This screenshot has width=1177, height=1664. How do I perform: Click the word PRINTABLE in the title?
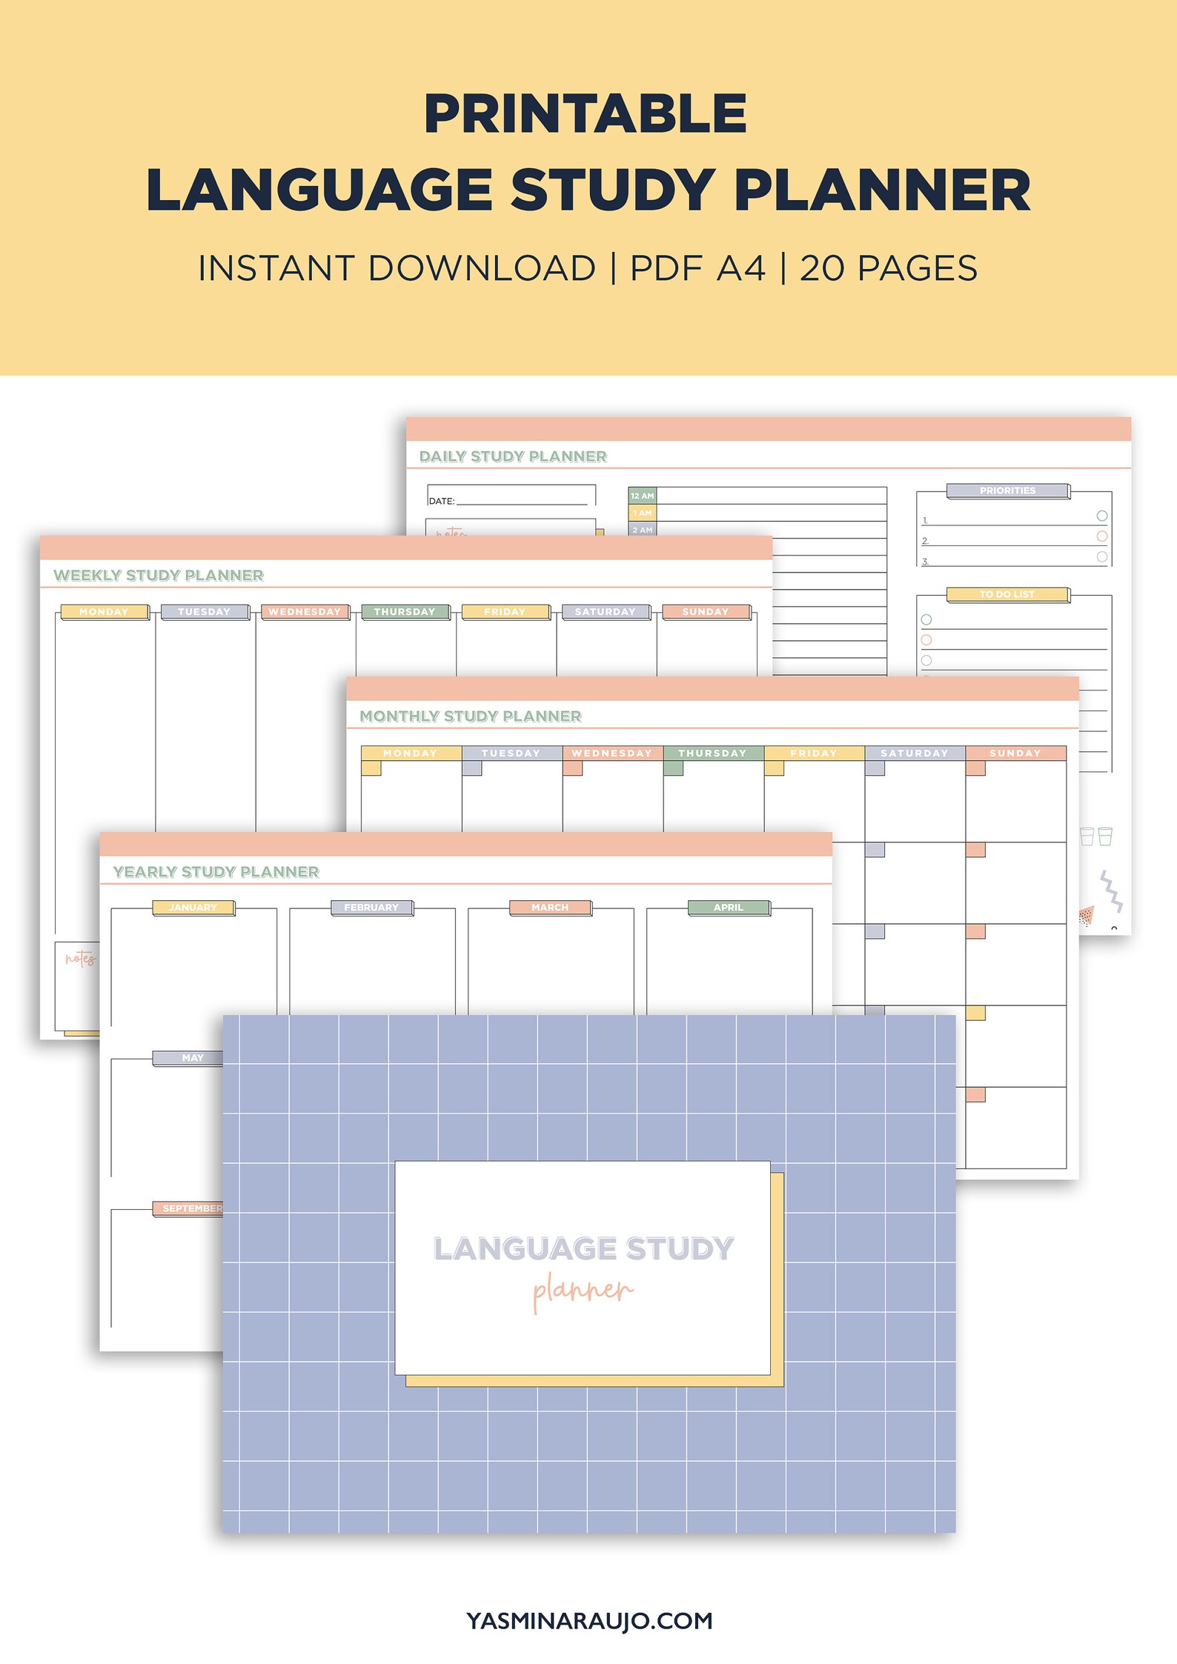[585, 114]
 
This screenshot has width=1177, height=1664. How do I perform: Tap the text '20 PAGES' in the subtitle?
[888, 268]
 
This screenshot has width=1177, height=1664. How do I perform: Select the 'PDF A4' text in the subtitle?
[697, 268]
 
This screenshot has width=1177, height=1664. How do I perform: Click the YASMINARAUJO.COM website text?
[589, 1620]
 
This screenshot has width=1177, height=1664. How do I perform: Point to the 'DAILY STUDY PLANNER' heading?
[513, 456]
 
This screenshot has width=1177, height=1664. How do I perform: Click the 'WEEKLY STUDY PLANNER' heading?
[159, 576]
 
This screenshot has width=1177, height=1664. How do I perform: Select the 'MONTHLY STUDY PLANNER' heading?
[471, 716]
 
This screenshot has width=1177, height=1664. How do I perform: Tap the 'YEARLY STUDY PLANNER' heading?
[216, 872]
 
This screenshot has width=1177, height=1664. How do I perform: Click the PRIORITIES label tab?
[1007, 490]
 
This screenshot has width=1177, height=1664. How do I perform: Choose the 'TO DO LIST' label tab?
[1007, 594]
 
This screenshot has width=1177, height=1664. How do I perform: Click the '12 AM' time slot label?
[642, 496]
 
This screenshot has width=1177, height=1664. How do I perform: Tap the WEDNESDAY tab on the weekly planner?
[305, 612]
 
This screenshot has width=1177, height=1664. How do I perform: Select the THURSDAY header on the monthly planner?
[712, 753]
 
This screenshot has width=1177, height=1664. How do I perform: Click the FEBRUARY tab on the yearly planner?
[371, 908]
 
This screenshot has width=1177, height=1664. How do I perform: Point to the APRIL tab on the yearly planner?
[729, 908]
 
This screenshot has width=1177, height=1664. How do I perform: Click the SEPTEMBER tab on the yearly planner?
[191, 1208]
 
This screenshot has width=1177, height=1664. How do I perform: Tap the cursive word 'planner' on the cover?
[583, 1290]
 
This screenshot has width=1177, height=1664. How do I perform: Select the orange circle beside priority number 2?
[1101, 536]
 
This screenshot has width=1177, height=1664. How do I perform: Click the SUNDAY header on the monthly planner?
[1015, 753]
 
